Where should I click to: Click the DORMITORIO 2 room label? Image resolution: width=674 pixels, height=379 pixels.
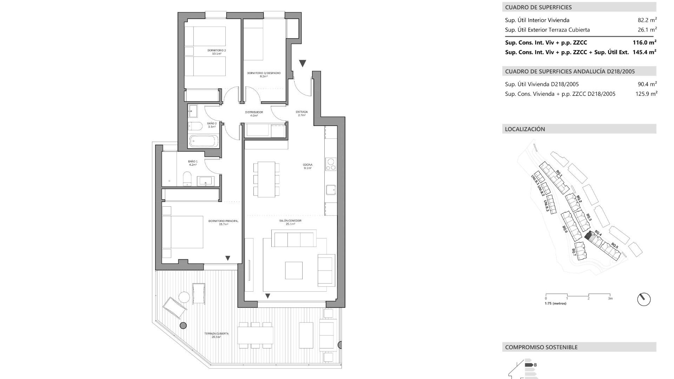[x=216, y=52]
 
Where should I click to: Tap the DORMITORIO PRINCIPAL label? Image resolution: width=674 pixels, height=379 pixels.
[x=223, y=222]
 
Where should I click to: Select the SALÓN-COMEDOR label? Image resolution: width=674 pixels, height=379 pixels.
[x=290, y=222]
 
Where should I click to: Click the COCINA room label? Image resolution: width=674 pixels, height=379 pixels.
[x=308, y=166]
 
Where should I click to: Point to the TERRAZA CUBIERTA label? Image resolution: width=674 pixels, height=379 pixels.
[x=216, y=335]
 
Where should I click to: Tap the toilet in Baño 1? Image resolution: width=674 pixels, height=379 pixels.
[x=187, y=178]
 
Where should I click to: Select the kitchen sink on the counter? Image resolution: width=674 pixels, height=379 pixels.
[x=331, y=190]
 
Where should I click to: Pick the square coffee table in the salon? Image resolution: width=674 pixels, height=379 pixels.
[x=293, y=270]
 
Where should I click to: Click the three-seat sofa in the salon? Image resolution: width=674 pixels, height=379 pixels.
[x=294, y=239]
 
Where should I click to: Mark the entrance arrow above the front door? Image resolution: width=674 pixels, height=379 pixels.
[x=302, y=63]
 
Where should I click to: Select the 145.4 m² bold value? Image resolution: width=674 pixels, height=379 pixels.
[x=644, y=52]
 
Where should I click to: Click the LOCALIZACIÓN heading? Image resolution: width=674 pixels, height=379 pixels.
[x=525, y=129]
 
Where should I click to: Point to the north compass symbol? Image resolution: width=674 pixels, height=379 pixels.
[x=643, y=299]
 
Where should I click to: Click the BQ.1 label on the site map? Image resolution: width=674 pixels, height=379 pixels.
[x=559, y=174]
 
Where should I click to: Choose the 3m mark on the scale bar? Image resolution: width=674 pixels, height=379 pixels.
[x=610, y=298]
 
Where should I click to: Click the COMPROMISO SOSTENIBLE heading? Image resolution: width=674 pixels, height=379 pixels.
[x=541, y=347]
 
